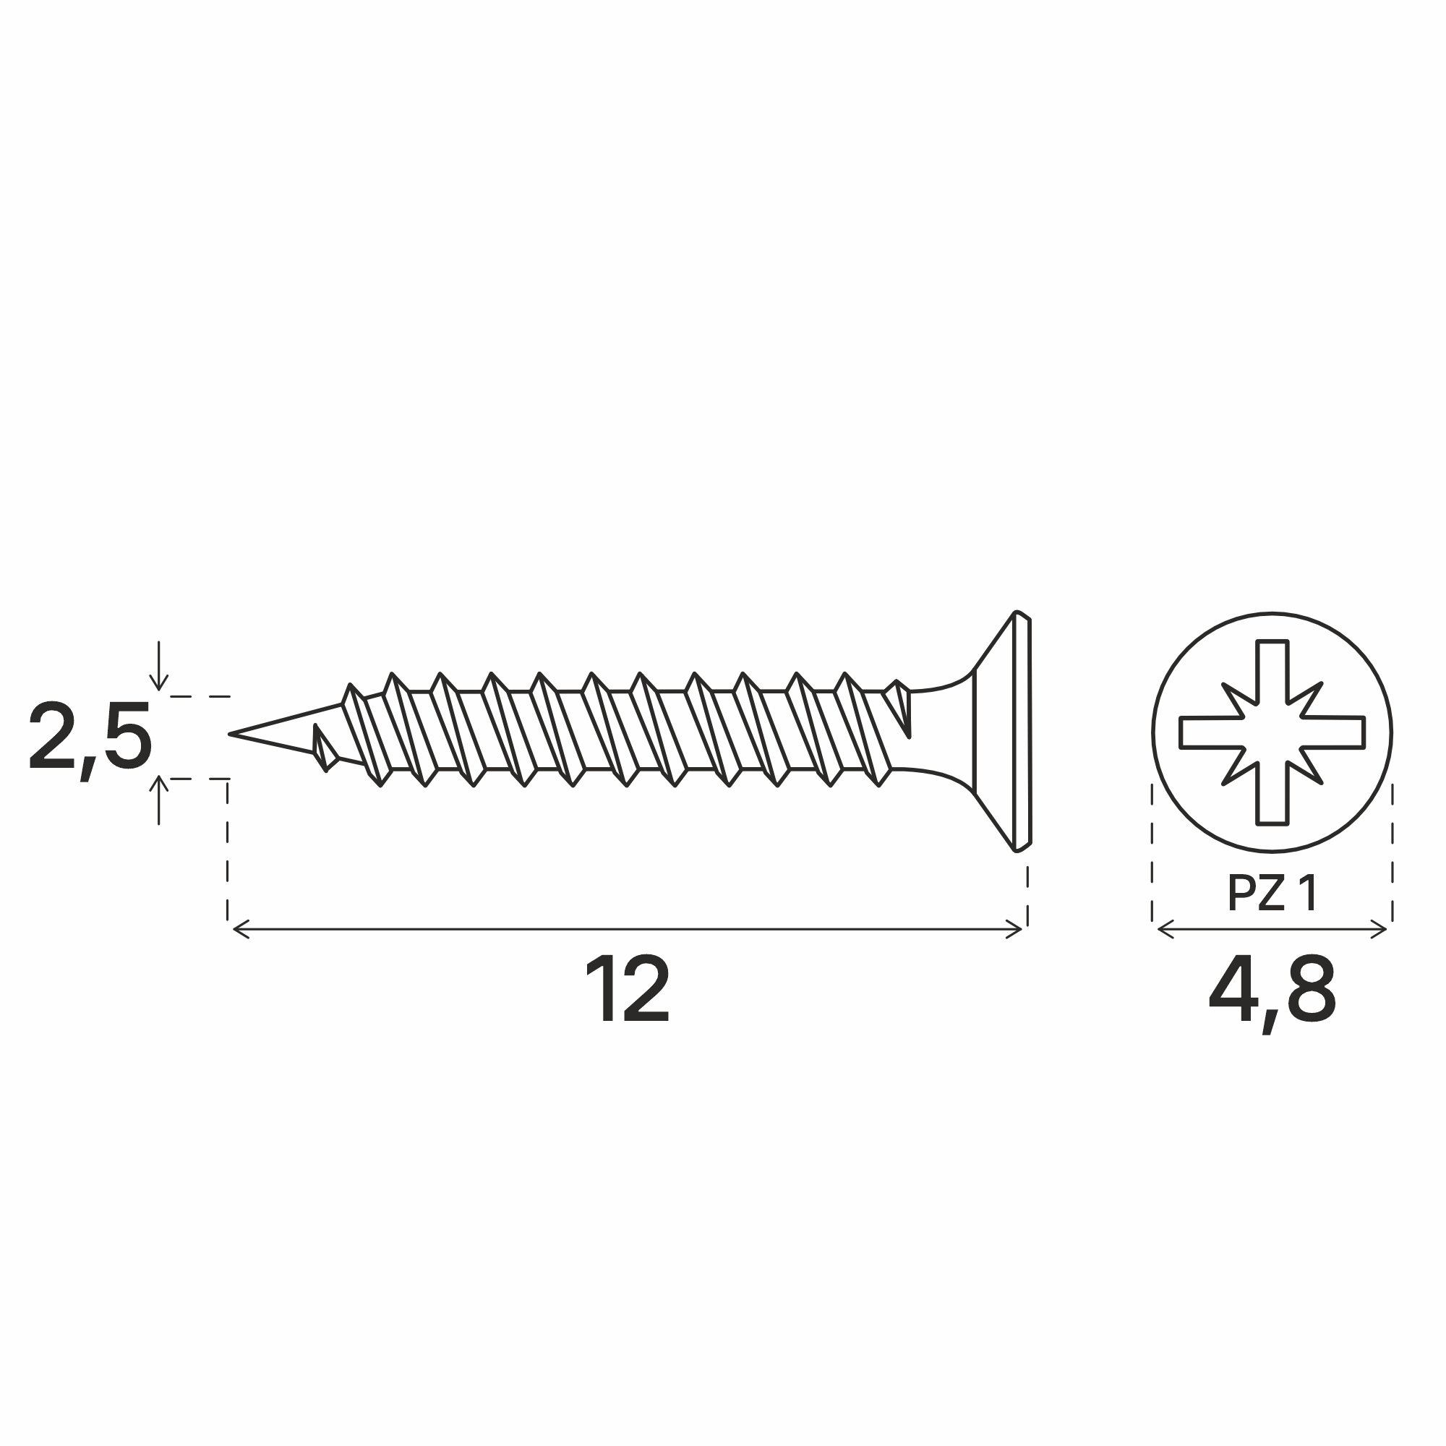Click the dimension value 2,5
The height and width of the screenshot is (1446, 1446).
point(90,741)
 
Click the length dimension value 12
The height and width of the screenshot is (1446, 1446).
point(627,988)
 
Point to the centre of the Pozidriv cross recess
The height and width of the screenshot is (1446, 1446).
point(1272,732)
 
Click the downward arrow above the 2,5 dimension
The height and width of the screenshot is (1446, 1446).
point(158,665)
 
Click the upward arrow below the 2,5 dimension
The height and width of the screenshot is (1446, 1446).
point(158,800)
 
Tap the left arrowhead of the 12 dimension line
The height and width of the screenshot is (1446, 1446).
point(241,930)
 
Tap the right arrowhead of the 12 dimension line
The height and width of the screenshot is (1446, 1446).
point(1014,930)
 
